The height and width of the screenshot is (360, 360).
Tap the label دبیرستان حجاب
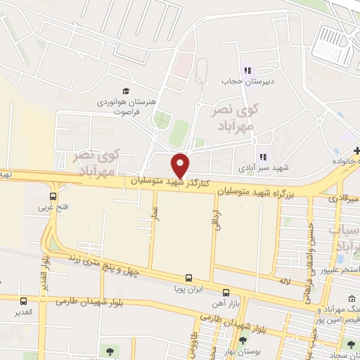click(x=246, y=80)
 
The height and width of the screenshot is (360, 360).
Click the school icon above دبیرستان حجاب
click(x=247, y=70)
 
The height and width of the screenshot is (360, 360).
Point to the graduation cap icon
click(x=126, y=91)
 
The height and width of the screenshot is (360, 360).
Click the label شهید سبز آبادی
click(x=262, y=168)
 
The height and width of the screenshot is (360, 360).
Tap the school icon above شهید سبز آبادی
click(x=263, y=157)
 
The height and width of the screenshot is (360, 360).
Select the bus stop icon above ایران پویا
click(x=188, y=278)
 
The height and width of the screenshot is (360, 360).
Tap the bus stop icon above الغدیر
click(x=24, y=300)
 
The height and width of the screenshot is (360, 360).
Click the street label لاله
click(x=284, y=281)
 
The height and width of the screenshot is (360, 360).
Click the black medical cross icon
click(x=356, y=151)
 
